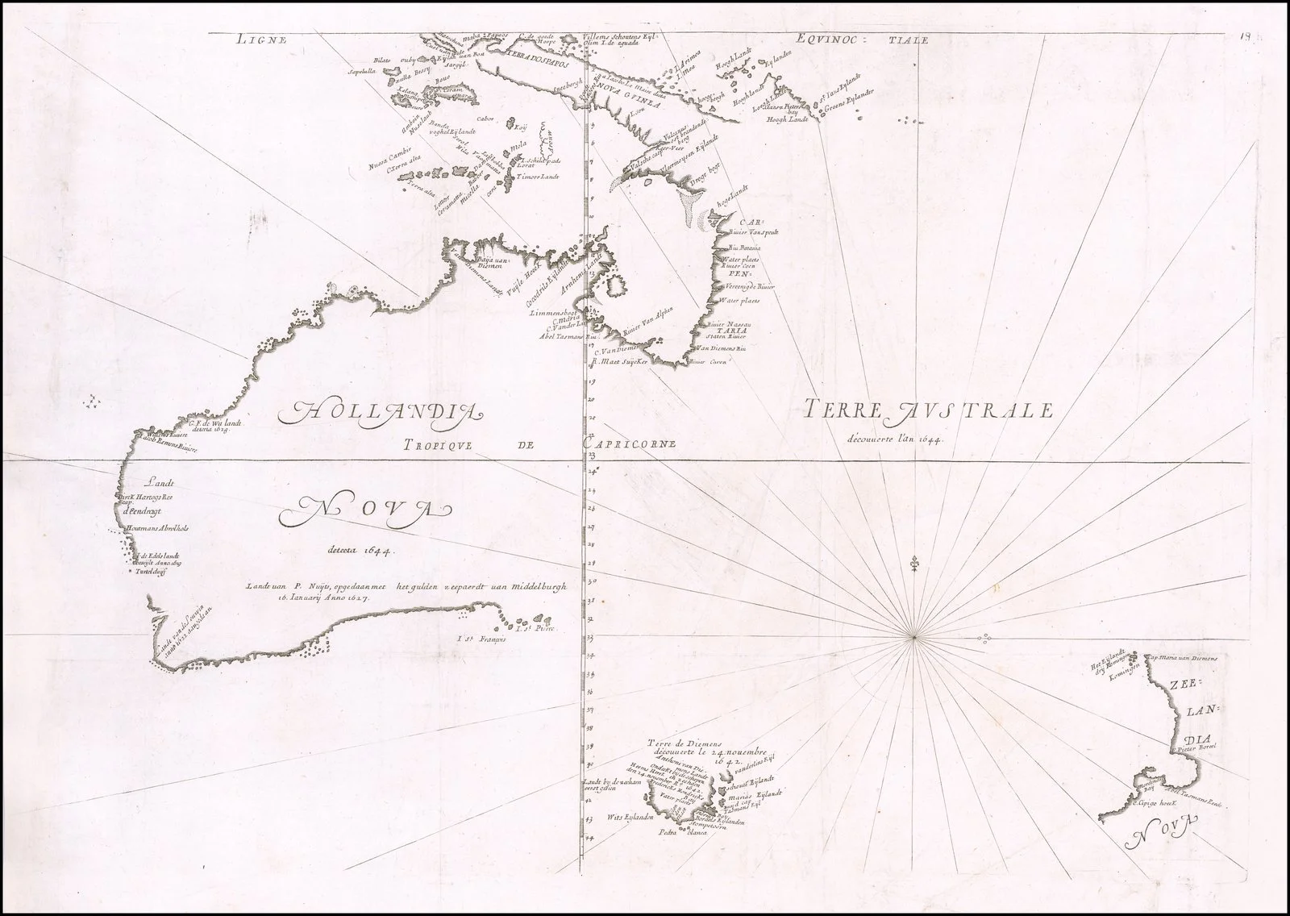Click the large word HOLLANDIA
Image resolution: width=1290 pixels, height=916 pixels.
379,413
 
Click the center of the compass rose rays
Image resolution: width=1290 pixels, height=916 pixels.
913,639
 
